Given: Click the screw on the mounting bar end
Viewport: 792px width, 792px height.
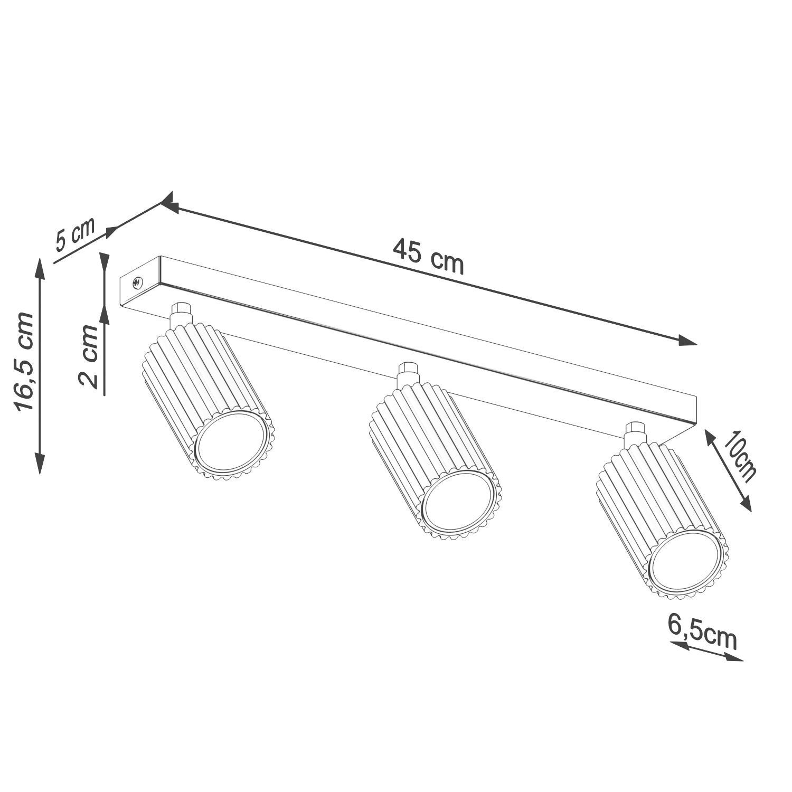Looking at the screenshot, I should pos(137,283).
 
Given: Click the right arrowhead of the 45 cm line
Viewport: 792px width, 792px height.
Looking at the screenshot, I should pos(689,342).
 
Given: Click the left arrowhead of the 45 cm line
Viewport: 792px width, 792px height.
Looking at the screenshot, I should pos(168,203).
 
